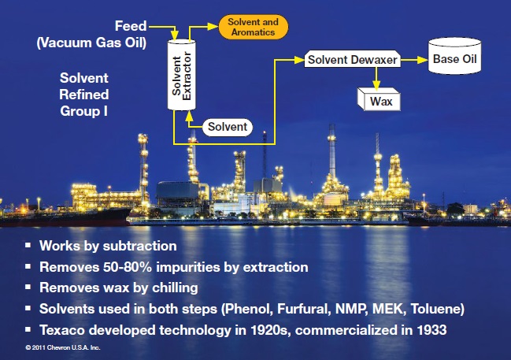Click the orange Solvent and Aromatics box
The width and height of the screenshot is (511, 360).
[254, 27]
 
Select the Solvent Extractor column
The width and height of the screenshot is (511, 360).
[182, 75]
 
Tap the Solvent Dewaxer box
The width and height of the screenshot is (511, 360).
[352, 59]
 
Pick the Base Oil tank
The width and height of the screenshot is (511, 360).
[454, 56]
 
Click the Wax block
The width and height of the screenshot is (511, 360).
[379, 99]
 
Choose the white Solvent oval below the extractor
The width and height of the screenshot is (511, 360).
[228, 127]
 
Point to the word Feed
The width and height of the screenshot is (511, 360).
[131, 26]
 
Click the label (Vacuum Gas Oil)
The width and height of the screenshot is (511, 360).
[91, 43]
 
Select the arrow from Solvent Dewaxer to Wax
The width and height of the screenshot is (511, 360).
[376, 79]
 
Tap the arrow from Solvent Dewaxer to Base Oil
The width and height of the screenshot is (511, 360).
[414, 60]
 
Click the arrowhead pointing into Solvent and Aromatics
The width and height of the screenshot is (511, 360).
[213, 27]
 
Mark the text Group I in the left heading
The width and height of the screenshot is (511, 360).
[83, 111]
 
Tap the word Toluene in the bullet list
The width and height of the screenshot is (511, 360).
[437, 309]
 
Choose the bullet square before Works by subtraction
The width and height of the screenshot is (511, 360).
[28, 245]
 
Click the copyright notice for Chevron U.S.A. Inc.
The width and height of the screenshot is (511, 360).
[63, 347]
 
